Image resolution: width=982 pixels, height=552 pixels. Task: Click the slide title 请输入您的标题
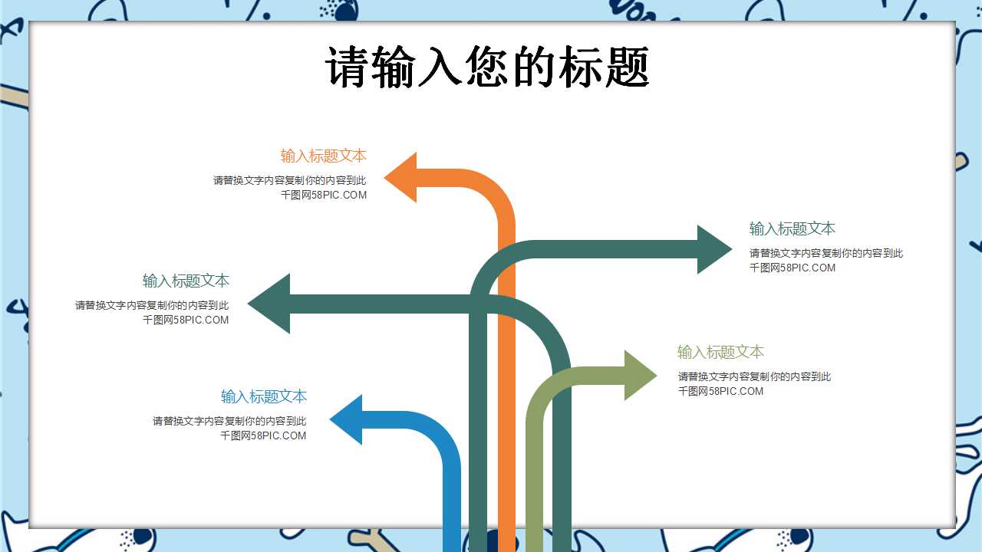488,67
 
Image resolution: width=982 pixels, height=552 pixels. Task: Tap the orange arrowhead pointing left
403,178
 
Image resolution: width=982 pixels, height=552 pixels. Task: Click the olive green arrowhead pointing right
639,375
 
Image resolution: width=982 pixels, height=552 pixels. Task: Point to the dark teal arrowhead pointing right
712,249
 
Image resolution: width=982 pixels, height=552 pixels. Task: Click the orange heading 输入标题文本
323,156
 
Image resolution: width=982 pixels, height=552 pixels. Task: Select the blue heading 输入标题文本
264,396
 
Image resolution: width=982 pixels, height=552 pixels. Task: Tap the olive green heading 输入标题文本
720,352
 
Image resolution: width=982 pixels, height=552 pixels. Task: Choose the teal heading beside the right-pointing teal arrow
792,228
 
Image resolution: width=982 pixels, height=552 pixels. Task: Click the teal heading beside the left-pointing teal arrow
186,281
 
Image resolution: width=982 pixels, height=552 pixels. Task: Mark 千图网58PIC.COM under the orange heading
324,195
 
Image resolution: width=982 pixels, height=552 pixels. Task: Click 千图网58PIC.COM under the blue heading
263,435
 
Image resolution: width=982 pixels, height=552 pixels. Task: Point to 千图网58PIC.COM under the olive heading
720,391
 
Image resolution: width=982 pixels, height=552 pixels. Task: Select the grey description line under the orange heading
289,180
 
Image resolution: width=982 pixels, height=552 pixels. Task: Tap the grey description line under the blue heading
229,421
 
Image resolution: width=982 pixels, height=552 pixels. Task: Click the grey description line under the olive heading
754,376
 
